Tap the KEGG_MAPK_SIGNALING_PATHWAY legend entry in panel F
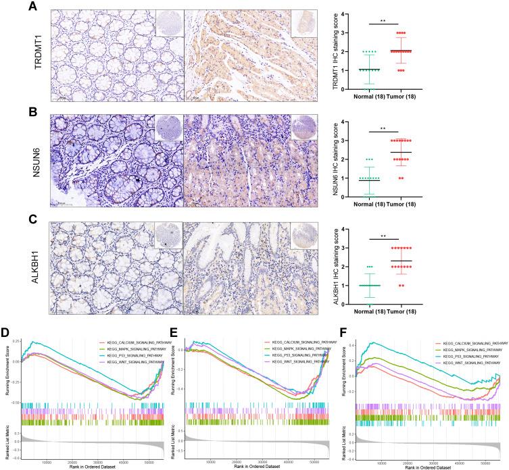471,352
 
